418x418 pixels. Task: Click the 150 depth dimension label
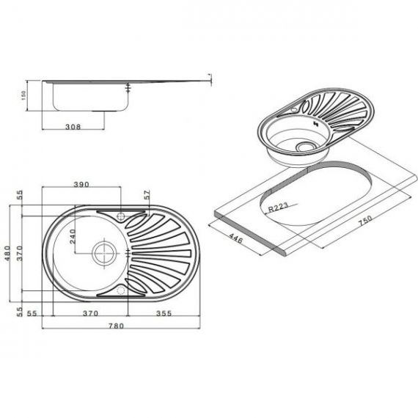point(24,95)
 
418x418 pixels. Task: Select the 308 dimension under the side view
point(73,127)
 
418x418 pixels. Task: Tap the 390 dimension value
point(81,184)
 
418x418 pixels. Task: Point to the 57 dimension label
point(147,195)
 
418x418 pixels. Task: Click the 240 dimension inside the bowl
point(73,237)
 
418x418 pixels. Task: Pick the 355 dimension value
point(164,313)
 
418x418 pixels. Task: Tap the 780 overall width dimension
point(116,326)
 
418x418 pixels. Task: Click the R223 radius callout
point(278,207)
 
